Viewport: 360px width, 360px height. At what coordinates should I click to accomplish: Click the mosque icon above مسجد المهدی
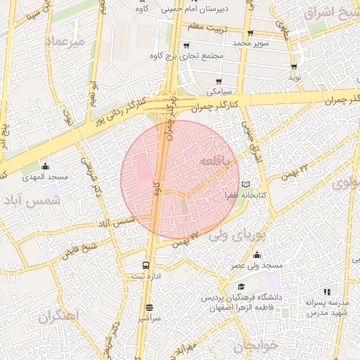click(46, 166)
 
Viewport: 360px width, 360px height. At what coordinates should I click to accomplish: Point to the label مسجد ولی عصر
click(257, 266)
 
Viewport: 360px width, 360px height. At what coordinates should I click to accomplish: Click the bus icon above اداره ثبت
click(146, 266)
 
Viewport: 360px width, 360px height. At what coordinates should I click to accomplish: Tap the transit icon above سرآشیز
click(149, 307)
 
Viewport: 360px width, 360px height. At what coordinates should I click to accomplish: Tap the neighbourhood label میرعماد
click(65, 41)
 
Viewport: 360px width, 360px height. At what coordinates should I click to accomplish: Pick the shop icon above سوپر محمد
click(250, 33)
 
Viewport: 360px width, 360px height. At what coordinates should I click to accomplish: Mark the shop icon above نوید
click(293, 67)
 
